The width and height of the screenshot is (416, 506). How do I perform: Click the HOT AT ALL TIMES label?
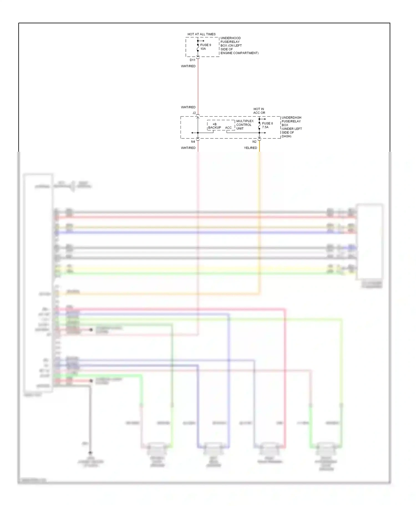tap(201, 34)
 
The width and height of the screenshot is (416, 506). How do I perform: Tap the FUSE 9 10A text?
tap(206, 47)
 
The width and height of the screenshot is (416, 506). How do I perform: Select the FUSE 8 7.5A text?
tap(267, 125)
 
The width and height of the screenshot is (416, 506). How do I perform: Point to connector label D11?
tap(192, 60)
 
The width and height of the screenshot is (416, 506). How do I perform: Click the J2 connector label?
tap(194, 113)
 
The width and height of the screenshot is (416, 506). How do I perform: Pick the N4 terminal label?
tap(193, 142)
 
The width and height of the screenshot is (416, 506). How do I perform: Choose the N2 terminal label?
tap(254, 142)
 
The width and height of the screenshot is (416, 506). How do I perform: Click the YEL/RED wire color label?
tap(250, 148)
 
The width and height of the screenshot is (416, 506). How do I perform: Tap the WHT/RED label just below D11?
tap(188, 66)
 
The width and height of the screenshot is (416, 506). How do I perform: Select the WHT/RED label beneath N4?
tap(188, 148)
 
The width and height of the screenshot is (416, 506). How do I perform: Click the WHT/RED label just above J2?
tap(188, 107)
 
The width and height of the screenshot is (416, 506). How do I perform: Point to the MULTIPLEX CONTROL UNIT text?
tap(245, 125)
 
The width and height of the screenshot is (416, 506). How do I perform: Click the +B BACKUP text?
tap(215, 126)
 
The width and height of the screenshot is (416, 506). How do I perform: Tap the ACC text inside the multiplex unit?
tap(228, 128)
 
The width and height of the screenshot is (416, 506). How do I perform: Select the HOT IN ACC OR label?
tap(259, 111)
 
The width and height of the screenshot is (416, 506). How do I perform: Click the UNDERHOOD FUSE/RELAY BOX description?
tap(239, 45)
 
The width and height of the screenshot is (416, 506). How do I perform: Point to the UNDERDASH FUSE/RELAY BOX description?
tap(291, 127)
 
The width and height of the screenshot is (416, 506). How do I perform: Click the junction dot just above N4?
tap(198, 133)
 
